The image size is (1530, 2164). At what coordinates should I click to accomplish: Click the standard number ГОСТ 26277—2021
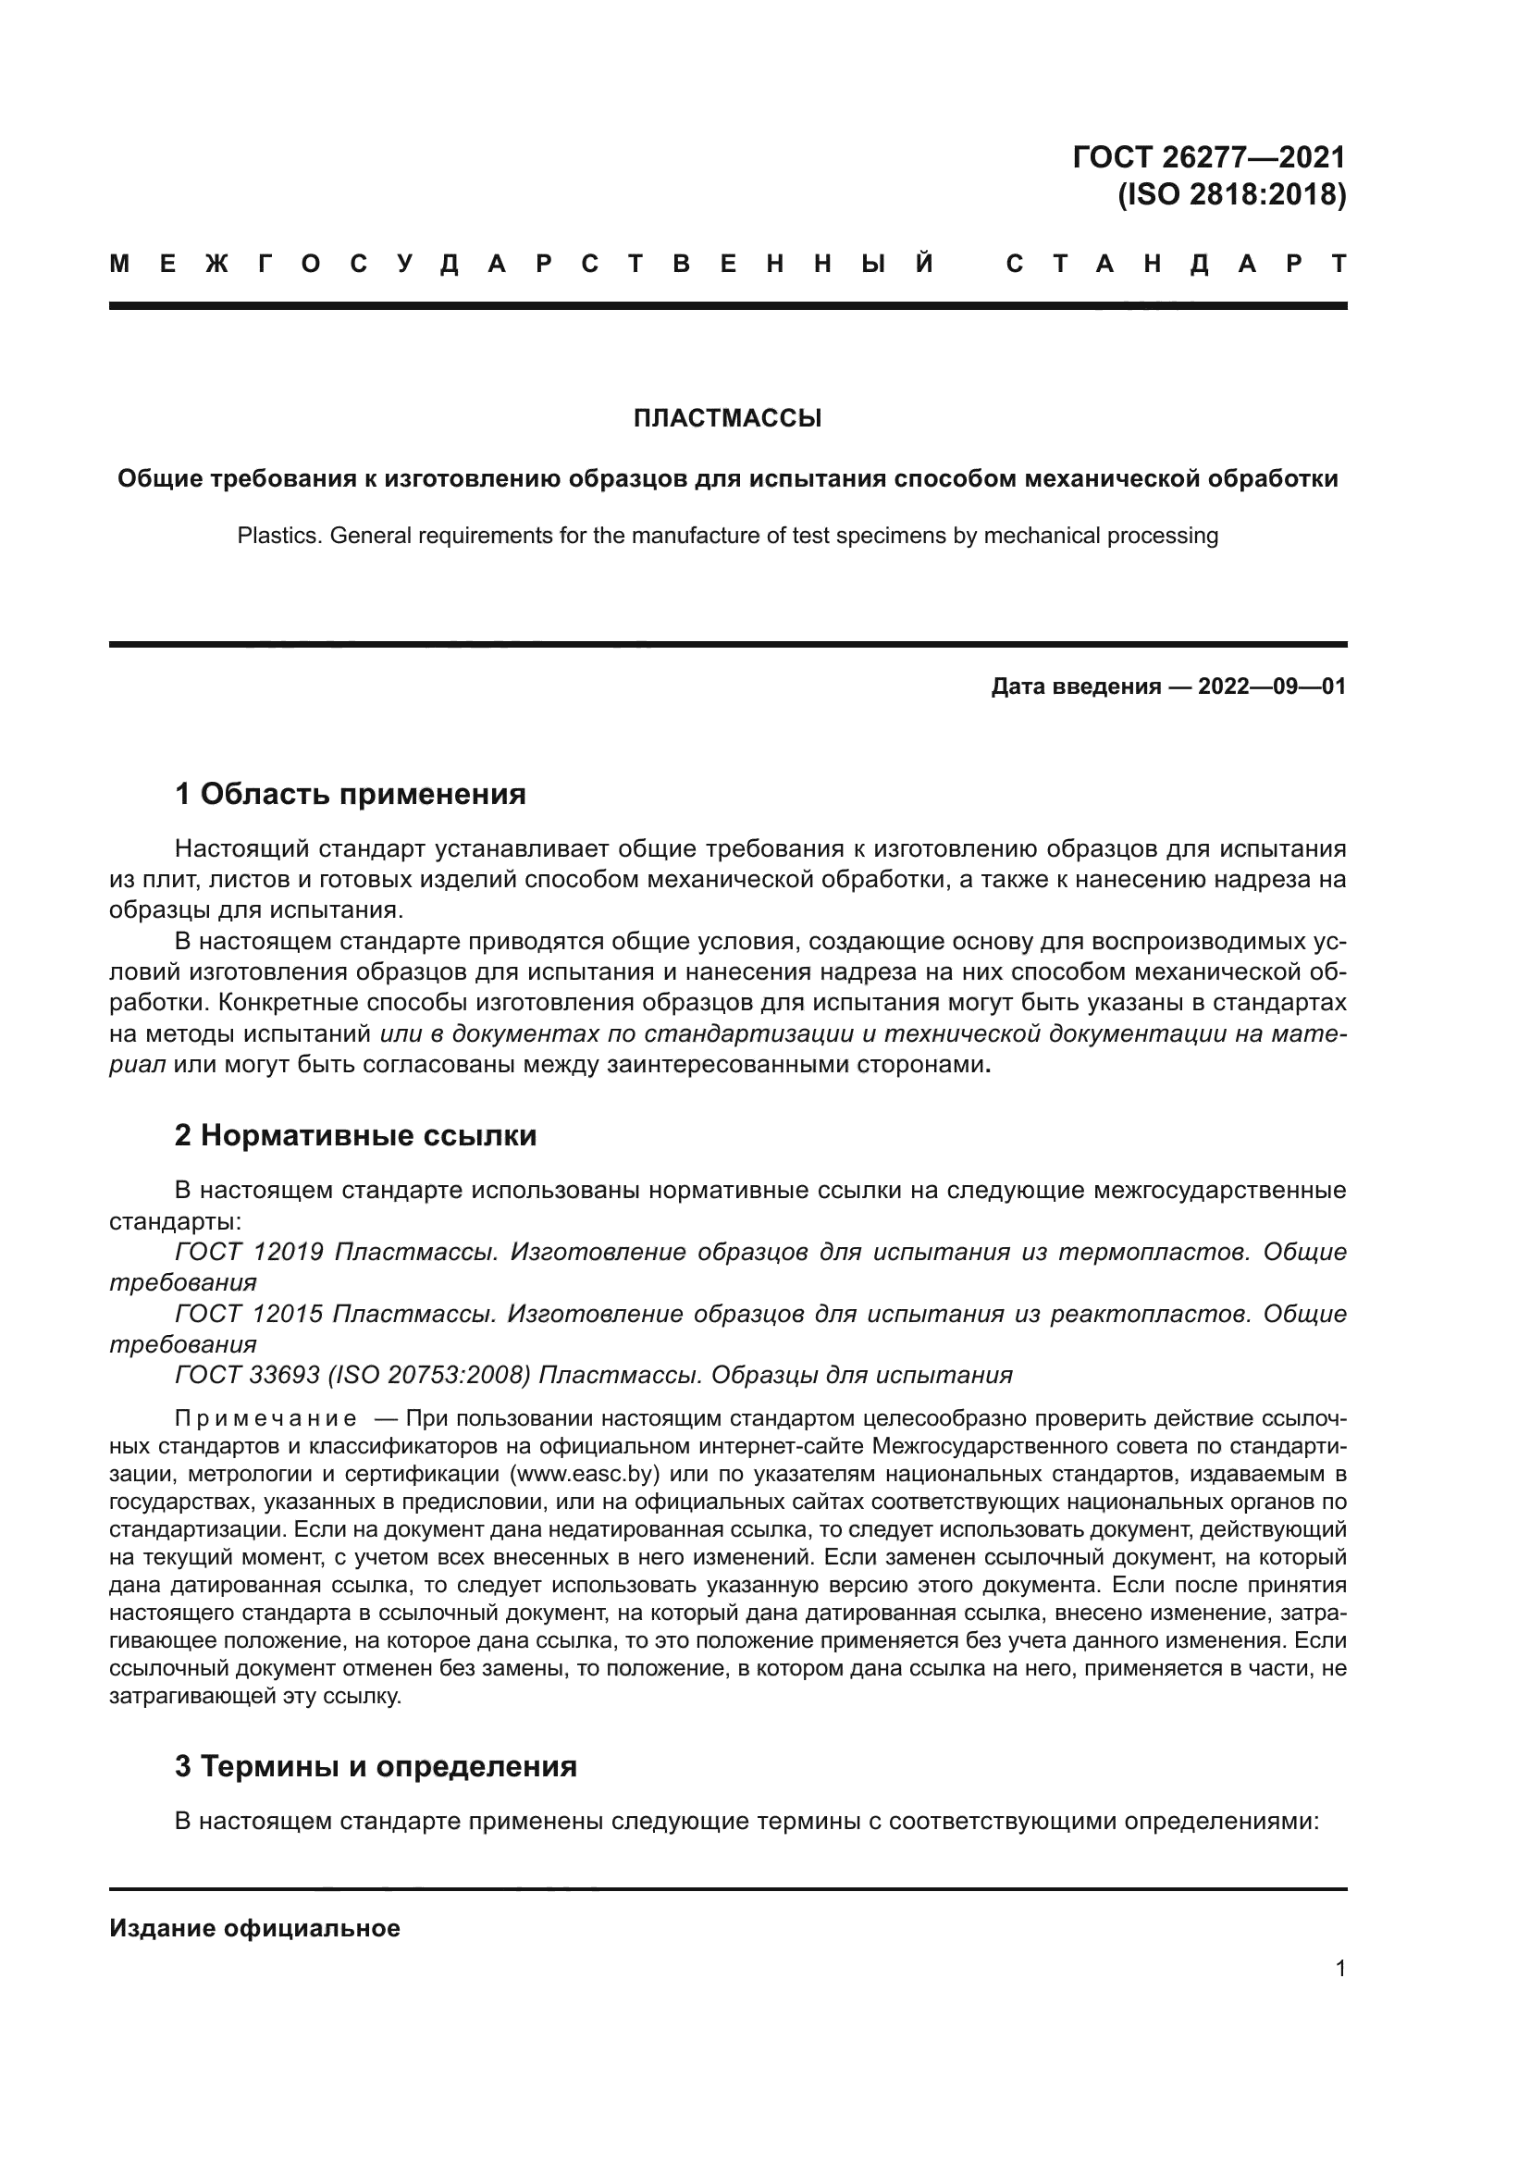(1209, 156)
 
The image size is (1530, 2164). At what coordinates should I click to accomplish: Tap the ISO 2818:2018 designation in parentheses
(1231, 194)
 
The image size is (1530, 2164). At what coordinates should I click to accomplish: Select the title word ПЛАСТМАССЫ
(727, 417)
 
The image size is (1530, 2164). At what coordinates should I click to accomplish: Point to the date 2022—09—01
(1272, 686)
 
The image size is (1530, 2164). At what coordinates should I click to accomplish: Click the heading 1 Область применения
(350, 794)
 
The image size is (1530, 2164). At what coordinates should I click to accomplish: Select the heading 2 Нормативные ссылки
(355, 1135)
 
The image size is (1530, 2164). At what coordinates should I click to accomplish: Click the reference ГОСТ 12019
(250, 1252)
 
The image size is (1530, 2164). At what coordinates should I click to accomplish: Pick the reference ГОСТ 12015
(250, 1313)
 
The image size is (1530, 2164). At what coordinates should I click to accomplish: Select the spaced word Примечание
(265, 1418)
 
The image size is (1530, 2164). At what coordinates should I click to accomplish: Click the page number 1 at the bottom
(1339, 1968)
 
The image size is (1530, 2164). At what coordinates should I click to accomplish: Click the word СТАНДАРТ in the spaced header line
(1176, 264)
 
